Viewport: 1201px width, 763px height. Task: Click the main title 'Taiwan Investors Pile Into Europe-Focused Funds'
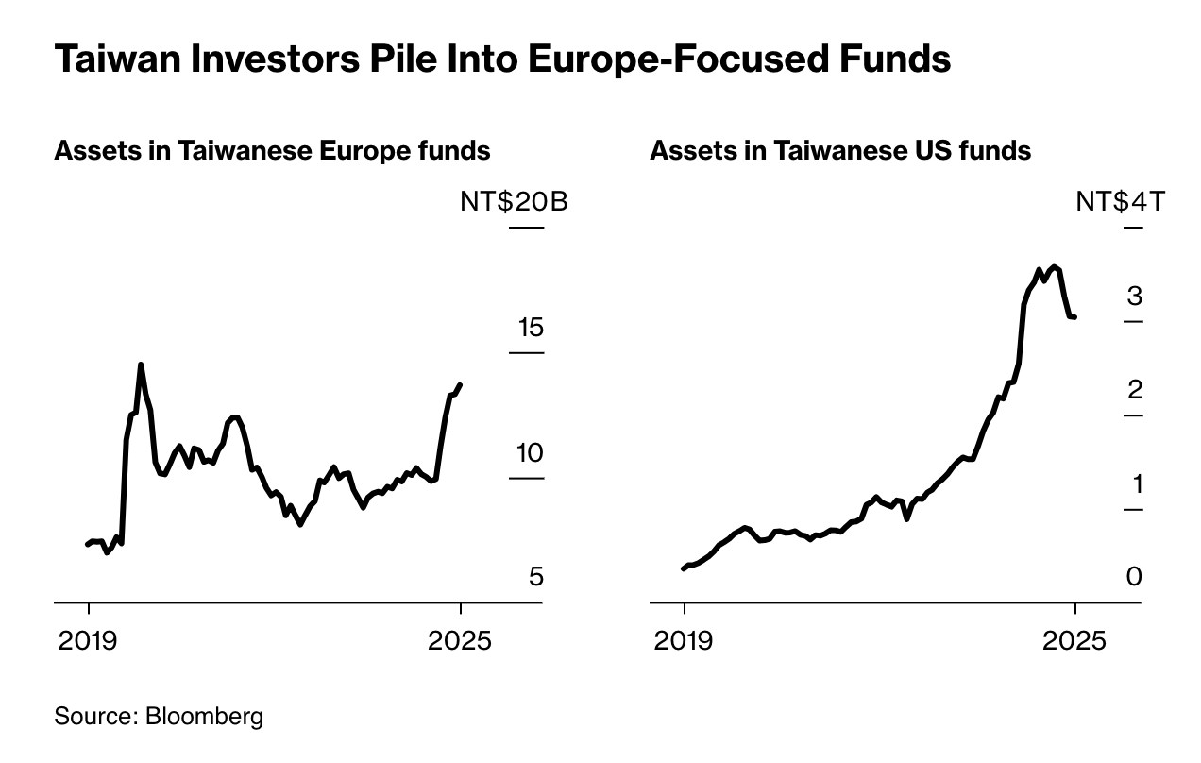click(x=502, y=59)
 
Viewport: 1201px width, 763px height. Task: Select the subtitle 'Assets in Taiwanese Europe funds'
click(x=272, y=151)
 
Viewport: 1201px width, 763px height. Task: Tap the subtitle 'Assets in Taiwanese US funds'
click(x=840, y=151)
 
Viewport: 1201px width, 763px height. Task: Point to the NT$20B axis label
click(x=514, y=201)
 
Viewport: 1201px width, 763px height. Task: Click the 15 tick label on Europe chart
click(x=531, y=328)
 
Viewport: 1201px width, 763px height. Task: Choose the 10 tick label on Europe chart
click(x=531, y=453)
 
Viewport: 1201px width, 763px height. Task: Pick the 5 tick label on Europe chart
click(x=536, y=576)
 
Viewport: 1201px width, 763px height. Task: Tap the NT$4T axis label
click(x=1121, y=201)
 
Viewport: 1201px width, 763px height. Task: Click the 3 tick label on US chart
click(x=1134, y=297)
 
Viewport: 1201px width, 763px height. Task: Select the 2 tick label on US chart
click(x=1134, y=390)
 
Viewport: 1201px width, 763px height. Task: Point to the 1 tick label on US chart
click(x=1136, y=484)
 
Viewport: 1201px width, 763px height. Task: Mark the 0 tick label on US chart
click(x=1134, y=576)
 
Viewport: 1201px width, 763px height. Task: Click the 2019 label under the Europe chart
click(x=88, y=641)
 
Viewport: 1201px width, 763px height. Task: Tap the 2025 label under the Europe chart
click(x=460, y=641)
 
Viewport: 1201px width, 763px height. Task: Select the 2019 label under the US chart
click(x=684, y=641)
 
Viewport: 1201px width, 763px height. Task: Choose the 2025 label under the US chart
click(x=1074, y=641)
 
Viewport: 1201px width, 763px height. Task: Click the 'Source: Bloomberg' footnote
click(x=159, y=716)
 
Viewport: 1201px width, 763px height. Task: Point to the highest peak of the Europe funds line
click(x=141, y=365)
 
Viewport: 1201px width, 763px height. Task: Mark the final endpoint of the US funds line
click(x=1074, y=316)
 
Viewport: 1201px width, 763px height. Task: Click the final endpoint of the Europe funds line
click(x=460, y=385)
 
